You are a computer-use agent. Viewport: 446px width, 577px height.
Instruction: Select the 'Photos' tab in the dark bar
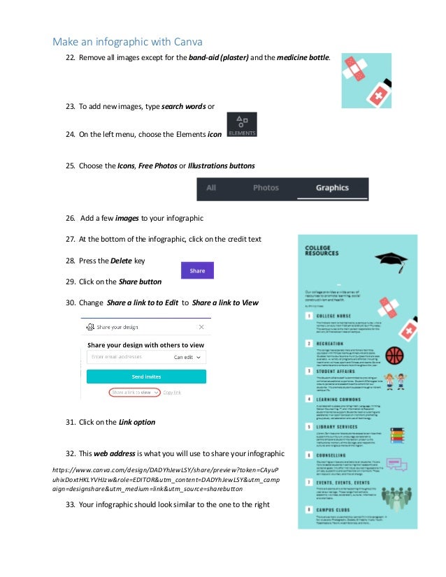pyautogui.click(x=266, y=188)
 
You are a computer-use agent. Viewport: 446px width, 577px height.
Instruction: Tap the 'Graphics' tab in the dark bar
pyautogui.click(x=332, y=188)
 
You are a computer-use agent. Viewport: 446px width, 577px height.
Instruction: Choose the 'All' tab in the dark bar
pyautogui.click(x=211, y=188)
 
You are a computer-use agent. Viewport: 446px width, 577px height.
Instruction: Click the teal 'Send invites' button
pyautogui.click(x=146, y=377)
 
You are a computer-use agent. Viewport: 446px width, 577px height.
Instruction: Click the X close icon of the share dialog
pyautogui.click(x=201, y=326)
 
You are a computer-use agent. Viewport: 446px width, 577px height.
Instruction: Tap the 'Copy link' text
pyautogui.click(x=172, y=393)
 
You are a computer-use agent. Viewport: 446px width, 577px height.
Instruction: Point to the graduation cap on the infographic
pyautogui.click(x=391, y=261)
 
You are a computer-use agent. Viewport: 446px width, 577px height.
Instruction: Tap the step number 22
pyautogui.click(x=70, y=56)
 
